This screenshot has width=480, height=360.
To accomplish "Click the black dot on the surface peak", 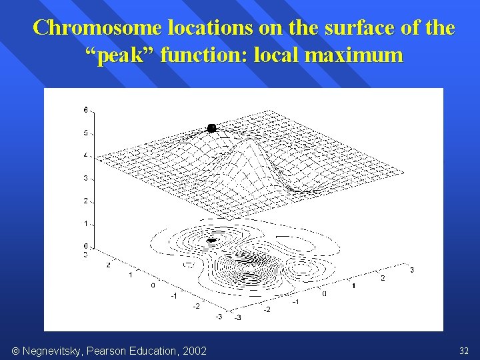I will pyautogui.click(x=212, y=128).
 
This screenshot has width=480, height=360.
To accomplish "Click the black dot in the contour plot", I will pyautogui.click(x=213, y=240).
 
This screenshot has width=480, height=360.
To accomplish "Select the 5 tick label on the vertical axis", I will pyautogui.click(x=86, y=133).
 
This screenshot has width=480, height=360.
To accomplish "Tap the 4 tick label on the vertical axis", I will pyautogui.click(x=86, y=155).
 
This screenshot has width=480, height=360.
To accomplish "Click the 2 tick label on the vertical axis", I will pyautogui.click(x=86, y=201).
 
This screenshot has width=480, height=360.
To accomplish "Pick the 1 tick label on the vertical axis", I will pyautogui.click(x=86, y=223).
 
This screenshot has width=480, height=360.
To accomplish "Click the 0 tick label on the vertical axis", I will pyautogui.click(x=86, y=246).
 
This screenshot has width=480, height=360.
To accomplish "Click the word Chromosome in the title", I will pyautogui.click(x=97, y=28).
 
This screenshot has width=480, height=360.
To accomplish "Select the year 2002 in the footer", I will pyautogui.click(x=194, y=351).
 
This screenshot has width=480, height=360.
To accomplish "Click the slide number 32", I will pyautogui.click(x=464, y=351).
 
